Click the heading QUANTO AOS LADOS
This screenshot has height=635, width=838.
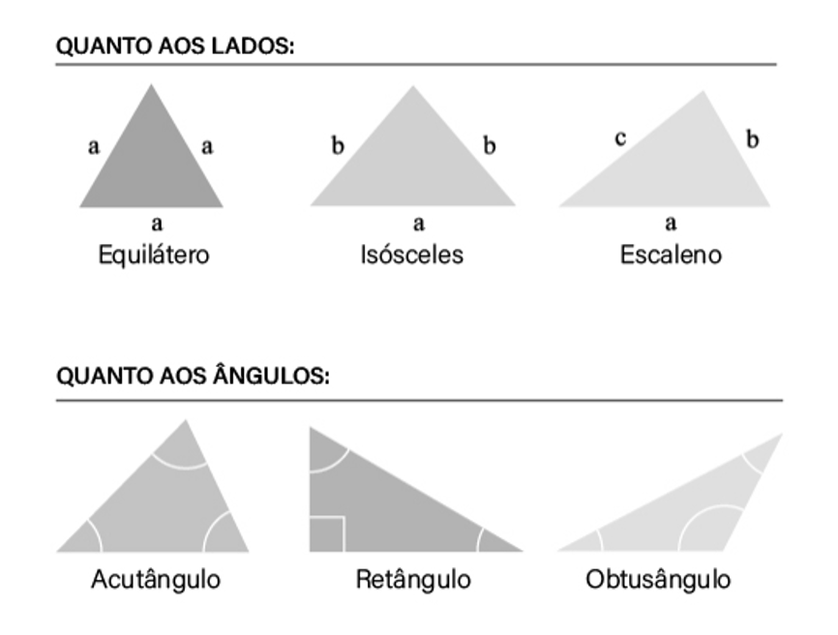175,46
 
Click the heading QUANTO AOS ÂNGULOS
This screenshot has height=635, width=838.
194,377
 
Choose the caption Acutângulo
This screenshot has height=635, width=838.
156,580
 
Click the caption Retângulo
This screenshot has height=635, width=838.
413,580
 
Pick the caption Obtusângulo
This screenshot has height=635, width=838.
658,580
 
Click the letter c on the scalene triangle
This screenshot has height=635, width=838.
620,138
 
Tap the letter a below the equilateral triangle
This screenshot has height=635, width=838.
155,224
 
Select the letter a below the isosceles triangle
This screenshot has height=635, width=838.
418,224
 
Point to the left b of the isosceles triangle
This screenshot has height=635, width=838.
338,146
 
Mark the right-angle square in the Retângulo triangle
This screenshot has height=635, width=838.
327,533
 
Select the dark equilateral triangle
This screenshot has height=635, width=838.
152,160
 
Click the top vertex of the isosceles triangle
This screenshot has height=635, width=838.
413,88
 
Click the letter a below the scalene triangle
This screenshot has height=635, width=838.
671,224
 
